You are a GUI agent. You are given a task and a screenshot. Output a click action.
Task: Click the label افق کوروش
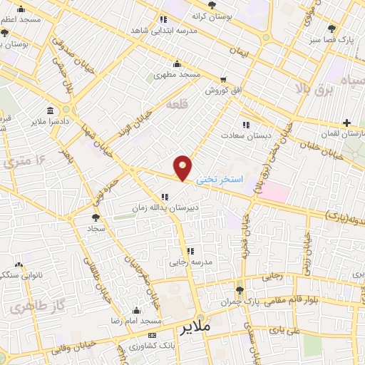225,91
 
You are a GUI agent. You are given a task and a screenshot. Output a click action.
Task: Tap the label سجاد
96,229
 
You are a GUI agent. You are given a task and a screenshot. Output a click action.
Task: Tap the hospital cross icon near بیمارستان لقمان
346,123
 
